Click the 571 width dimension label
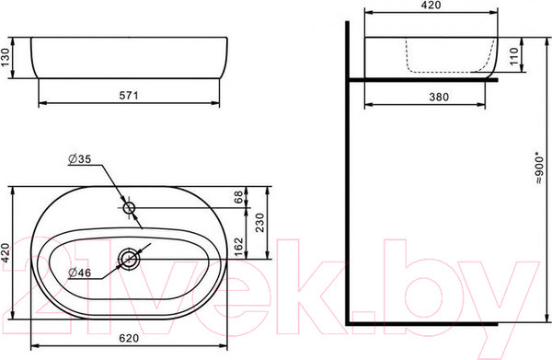coord(129,96)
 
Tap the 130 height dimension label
coord(5,57)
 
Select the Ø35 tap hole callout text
coord(79,159)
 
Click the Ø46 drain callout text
coord(79,273)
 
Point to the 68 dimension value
coord(238,196)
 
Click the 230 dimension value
coord(259,223)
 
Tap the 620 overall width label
coord(129,338)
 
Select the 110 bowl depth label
coord(514,55)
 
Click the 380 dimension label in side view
coord(439,97)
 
